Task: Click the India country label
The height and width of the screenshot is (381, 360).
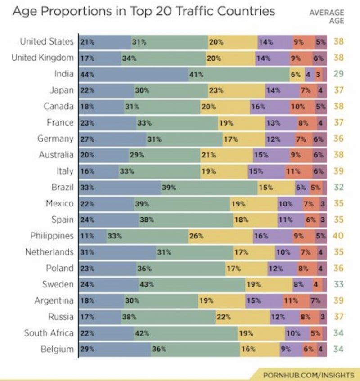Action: (63, 74)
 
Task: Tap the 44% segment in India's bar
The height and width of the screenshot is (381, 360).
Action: (133, 74)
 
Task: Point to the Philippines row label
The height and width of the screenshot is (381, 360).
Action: (52, 235)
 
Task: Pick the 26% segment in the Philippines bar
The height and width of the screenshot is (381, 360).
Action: (220, 236)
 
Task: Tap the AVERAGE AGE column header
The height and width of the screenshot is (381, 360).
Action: (327, 17)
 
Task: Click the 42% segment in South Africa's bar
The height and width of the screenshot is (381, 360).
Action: (185, 333)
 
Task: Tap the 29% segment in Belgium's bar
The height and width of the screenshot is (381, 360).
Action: (115, 349)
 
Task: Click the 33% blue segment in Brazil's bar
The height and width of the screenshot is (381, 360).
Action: (120, 187)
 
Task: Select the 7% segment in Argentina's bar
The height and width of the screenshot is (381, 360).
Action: (318, 300)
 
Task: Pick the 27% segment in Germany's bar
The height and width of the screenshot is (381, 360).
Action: (112, 139)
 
